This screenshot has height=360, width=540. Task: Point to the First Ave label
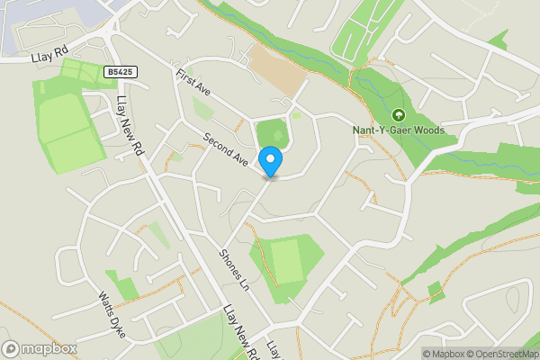click(192, 85)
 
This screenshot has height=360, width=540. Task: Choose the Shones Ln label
click(233, 268)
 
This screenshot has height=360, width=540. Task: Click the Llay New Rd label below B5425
click(130, 126)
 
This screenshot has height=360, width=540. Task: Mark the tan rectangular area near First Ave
click(276, 69)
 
